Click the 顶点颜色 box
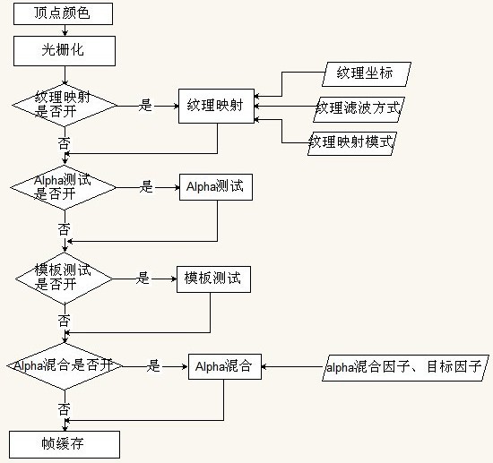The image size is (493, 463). [64, 13]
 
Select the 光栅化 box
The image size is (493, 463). [65, 51]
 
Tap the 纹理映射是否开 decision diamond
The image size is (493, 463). [65, 106]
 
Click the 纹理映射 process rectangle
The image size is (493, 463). [216, 106]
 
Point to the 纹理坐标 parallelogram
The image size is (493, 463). [367, 74]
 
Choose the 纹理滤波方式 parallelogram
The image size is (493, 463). [359, 109]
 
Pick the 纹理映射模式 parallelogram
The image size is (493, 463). [352, 143]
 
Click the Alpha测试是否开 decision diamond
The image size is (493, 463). [64, 187]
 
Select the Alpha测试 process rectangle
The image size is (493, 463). [216, 187]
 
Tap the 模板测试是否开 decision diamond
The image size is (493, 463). [65, 279]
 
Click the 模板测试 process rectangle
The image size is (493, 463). [214, 279]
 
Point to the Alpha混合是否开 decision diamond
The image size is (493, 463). [65, 366]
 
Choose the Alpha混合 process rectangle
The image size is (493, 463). [225, 366]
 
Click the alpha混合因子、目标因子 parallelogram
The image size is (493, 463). [405, 368]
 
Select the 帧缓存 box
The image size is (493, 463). [65, 444]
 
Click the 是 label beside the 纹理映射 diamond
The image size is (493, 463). [145, 106]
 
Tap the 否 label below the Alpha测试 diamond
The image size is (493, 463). [64, 229]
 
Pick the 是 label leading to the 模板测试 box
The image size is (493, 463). [143, 279]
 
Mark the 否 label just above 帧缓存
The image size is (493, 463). [64, 409]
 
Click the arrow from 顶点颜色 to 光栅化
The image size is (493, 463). [65, 30]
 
